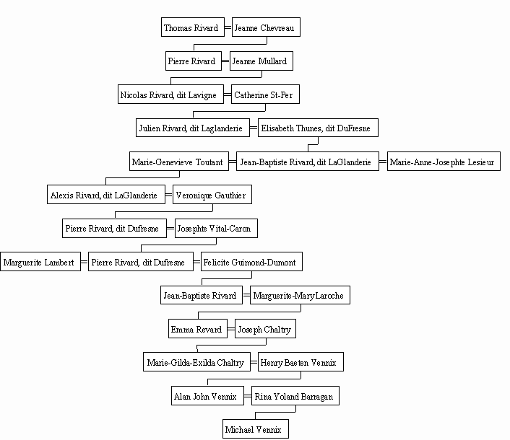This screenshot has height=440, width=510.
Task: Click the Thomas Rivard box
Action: (x=193, y=27)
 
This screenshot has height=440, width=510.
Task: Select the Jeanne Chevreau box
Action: (x=266, y=27)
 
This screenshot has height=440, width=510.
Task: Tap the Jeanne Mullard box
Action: (x=262, y=61)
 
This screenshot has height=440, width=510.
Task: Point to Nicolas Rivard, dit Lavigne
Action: (x=170, y=94)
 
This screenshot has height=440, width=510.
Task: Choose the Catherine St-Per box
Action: (x=265, y=94)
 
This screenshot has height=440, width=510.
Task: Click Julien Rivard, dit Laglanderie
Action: (x=193, y=128)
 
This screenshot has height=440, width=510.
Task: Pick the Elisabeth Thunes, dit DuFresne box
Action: (x=318, y=128)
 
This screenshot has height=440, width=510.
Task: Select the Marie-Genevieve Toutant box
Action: (x=179, y=161)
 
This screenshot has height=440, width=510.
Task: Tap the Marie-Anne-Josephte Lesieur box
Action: (x=444, y=161)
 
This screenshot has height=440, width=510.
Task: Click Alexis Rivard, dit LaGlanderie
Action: (x=106, y=195)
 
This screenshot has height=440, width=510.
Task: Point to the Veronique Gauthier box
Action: (x=212, y=195)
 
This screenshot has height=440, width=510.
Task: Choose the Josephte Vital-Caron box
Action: (x=216, y=228)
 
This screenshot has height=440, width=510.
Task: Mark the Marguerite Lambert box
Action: (x=40, y=261)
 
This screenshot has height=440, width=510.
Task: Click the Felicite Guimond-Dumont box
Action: (x=251, y=261)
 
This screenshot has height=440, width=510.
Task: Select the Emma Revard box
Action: (x=198, y=329)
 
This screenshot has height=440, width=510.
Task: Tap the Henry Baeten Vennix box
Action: (x=301, y=362)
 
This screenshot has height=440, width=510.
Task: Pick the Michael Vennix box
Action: (x=255, y=429)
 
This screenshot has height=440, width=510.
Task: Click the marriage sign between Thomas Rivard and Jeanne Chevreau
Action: (x=228, y=27)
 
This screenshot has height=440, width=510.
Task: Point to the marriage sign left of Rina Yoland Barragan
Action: (x=248, y=396)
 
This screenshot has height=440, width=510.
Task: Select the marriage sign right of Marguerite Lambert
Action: (x=85, y=262)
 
